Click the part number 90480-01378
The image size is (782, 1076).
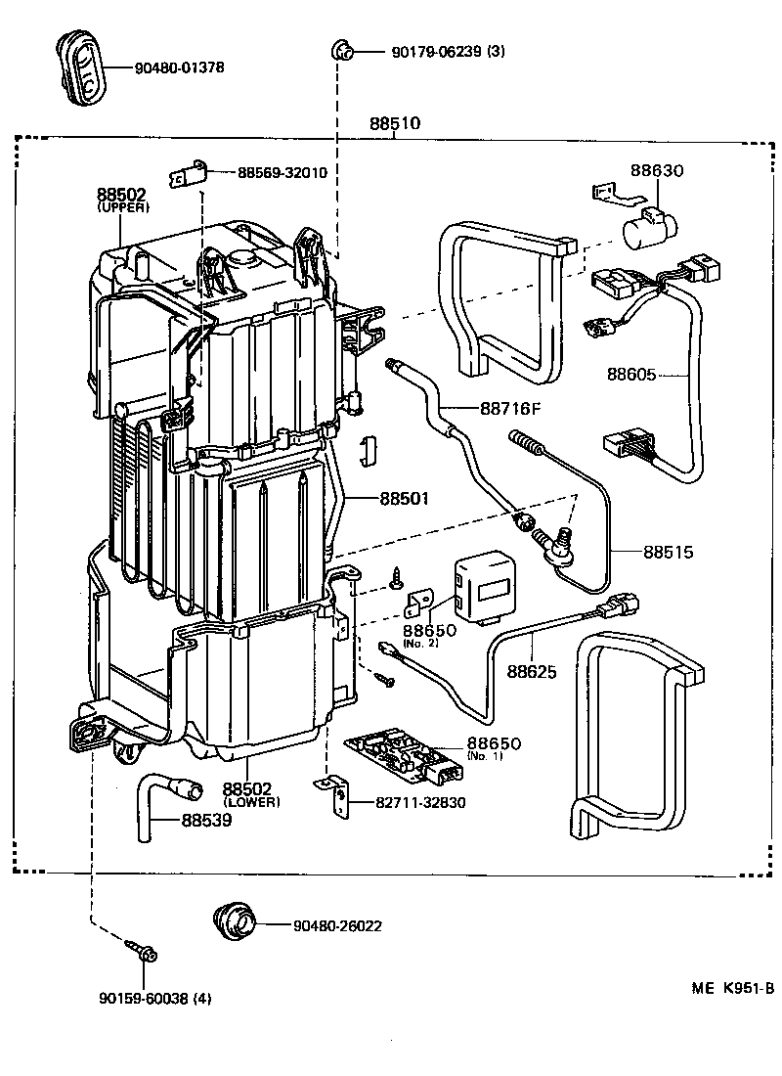(x=178, y=67)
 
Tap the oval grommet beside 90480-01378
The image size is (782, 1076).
(x=81, y=66)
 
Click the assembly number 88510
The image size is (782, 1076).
(x=395, y=124)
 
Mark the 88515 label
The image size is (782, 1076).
(x=668, y=552)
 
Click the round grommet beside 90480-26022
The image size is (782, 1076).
(x=235, y=919)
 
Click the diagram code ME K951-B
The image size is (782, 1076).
(x=733, y=988)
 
